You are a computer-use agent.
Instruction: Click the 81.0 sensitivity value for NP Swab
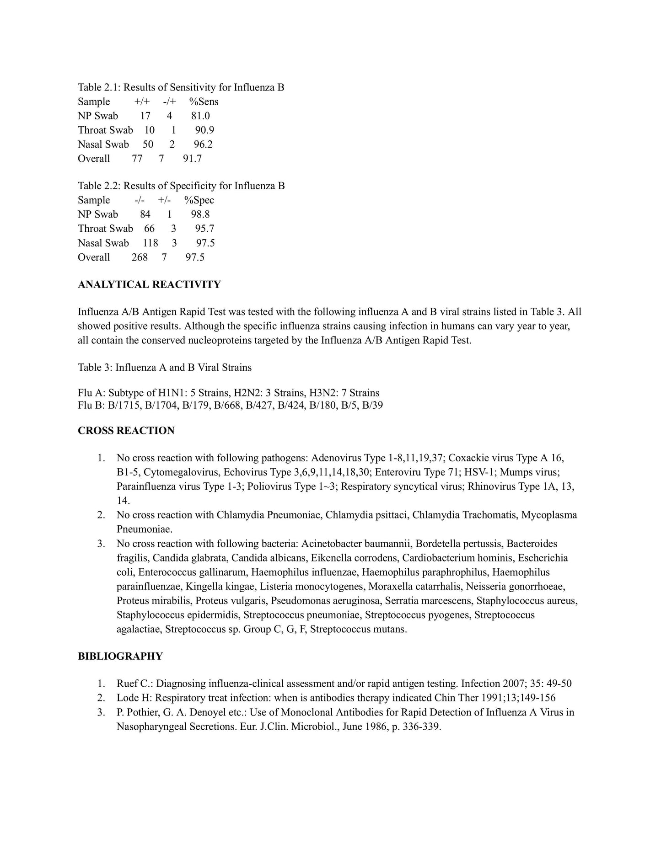[200, 116]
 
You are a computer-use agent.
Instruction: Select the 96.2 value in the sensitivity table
[203, 144]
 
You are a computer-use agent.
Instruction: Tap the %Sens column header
[204, 102]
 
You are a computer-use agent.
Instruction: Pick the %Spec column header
[199, 200]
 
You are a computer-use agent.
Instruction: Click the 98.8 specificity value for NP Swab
[200, 214]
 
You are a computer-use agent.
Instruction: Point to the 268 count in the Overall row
[140, 257]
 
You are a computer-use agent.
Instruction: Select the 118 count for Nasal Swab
[150, 243]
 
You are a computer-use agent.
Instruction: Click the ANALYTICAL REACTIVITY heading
[149, 285]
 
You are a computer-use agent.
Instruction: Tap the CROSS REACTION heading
[126, 431]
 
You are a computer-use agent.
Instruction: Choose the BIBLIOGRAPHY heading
[120, 657]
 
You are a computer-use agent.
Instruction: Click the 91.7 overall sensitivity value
[192, 159]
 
